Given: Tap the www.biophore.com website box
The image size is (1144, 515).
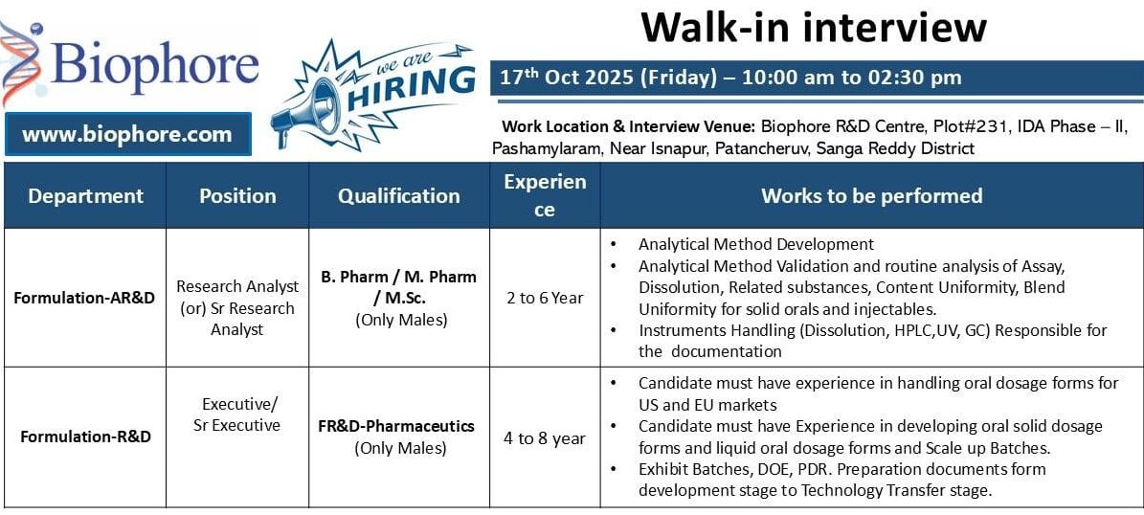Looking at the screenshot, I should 127,134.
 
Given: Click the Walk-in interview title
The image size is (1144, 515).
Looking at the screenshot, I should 814,27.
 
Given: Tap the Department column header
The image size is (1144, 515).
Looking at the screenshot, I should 85,196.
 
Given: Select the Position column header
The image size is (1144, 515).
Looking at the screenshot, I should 237,196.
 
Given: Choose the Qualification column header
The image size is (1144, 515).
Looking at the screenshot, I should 398,196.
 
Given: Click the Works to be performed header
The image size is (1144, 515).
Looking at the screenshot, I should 871,196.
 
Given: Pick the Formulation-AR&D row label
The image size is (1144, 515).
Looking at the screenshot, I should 84,298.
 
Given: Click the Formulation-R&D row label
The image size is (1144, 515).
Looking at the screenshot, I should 84,437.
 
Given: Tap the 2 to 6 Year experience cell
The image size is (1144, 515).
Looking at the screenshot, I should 545,298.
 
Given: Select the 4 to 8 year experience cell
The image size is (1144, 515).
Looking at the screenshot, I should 545,438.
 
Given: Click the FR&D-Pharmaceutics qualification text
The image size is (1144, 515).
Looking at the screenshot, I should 396,427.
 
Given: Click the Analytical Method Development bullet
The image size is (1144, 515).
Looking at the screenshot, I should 755,245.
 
